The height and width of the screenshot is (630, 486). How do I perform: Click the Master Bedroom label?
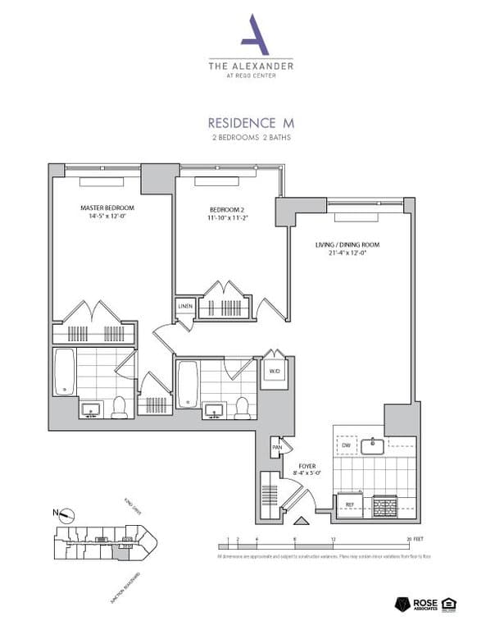[107, 208]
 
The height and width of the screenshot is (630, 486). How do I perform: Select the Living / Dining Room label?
[347, 244]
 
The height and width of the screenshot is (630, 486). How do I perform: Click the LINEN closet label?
[185, 306]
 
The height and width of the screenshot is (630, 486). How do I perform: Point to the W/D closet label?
[274, 370]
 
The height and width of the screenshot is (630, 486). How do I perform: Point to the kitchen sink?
[374, 445]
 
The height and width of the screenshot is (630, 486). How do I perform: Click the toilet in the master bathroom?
[120, 406]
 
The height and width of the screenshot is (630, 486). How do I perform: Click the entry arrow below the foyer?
[301, 520]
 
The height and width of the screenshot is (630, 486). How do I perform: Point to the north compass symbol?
[66, 515]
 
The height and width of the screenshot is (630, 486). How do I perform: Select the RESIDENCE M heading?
[249, 121]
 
